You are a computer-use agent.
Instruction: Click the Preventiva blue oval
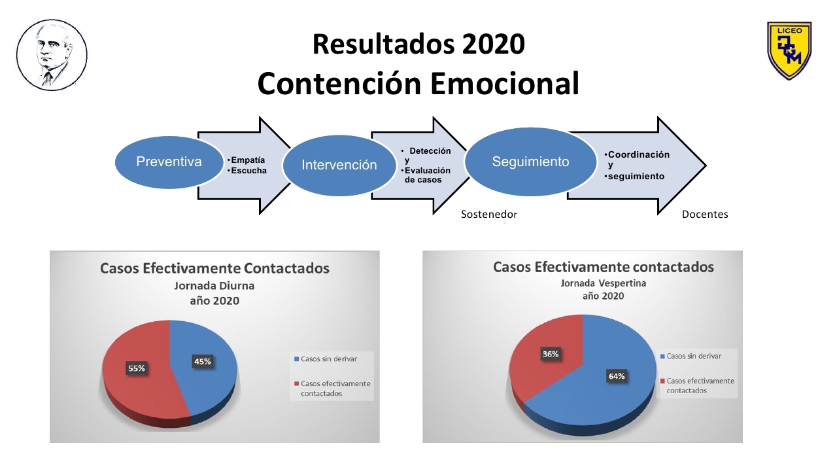coord(169,162)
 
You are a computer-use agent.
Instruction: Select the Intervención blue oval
coord(339,165)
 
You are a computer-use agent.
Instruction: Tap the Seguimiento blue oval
coord(530,162)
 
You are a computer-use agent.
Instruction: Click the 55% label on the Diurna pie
coord(137,368)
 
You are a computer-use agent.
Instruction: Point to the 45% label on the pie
coord(203,362)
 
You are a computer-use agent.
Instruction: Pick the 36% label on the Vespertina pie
coord(551,354)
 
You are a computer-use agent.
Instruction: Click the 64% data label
coord(617,376)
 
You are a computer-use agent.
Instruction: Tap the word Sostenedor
coord(488,215)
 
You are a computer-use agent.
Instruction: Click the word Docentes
coord(705,215)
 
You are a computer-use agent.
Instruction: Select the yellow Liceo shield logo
coord(789,50)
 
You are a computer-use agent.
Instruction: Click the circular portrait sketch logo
coord(52,55)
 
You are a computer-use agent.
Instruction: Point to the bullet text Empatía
coord(248,160)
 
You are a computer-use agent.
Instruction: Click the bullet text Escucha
coord(249,171)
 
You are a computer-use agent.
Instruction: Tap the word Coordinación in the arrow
coord(639,154)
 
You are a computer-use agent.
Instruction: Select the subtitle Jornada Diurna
coord(214,286)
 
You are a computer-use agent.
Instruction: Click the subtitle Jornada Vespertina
coord(603,283)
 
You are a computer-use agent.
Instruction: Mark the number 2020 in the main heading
coord(493,44)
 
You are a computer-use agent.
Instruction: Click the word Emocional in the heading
coord(504,83)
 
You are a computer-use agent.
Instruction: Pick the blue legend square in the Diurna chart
coord(297,359)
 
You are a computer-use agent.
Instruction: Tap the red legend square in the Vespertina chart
coord(662,381)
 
